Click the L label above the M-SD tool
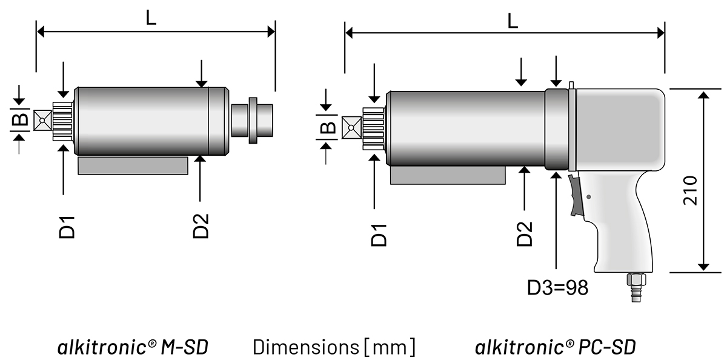pos(151,18)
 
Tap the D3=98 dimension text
pos(557,288)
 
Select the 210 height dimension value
pos(690,190)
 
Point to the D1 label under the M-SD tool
pos(67,228)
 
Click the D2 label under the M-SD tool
pos(201,226)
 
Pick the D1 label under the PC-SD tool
pos(379,235)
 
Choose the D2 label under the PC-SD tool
pos(525,234)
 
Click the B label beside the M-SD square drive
pos(20,119)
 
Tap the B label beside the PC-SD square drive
pos(328,127)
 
